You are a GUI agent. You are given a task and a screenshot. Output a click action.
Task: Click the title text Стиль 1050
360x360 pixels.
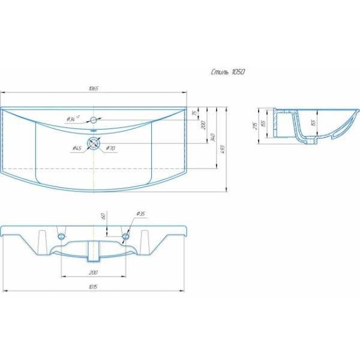click(227, 72)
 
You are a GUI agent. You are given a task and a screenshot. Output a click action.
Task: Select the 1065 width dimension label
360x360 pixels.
click(94, 89)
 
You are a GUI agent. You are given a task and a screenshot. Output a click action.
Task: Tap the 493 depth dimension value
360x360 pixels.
click(223, 149)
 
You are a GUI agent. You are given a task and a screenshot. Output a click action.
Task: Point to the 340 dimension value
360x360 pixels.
click(212, 137)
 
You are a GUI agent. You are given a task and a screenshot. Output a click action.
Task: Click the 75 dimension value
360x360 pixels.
click(194, 113)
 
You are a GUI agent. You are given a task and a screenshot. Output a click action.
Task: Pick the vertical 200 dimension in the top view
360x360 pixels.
click(203, 125)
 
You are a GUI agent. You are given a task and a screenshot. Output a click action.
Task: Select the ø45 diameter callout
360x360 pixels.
click(77, 149)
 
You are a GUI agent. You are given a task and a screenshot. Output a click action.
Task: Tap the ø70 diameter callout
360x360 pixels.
click(110, 149)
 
